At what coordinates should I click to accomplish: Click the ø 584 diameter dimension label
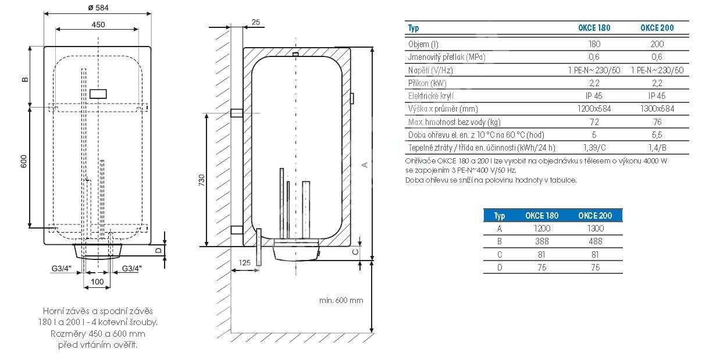tap(97, 8)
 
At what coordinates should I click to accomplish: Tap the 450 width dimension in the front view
tap(98, 24)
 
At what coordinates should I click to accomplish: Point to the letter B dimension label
tap(25, 79)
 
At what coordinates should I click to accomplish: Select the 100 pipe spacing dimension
tap(97, 281)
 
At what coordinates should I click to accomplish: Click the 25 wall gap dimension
tap(256, 22)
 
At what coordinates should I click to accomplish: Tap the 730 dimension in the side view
tap(200, 181)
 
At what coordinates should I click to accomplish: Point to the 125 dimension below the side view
tap(245, 263)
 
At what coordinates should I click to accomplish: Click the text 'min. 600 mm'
tap(341, 300)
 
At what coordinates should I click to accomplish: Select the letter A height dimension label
tap(365, 165)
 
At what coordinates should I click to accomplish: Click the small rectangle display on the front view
tap(98, 93)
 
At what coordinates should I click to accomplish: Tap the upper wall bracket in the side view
tap(237, 113)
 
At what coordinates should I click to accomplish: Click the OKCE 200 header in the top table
tap(657, 28)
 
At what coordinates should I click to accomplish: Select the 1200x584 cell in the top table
tap(594, 109)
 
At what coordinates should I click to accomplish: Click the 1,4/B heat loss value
tap(657, 148)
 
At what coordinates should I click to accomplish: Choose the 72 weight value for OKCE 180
tap(594, 122)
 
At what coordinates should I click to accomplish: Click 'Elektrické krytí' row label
tap(431, 96)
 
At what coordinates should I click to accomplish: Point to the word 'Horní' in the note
tap(53, 311)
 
